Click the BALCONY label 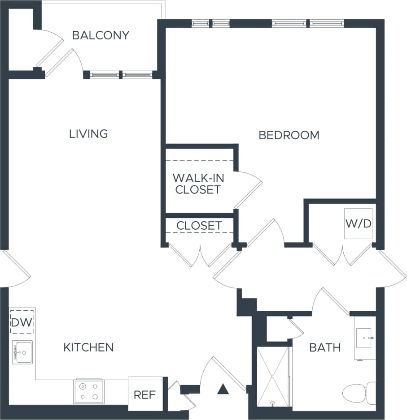(101, 35)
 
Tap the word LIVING (88, 133)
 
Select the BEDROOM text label (289, 135)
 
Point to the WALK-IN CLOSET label (198, 184)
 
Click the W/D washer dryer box (358, 223)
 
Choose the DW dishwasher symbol (22, 321)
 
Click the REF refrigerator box (145, 395)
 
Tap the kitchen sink (22, 352)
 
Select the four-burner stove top (89, 391)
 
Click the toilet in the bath (359, 393)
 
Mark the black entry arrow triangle (223, 389)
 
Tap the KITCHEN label (88, 347)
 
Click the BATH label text (325, 347)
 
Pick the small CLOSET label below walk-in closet (199, 226)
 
